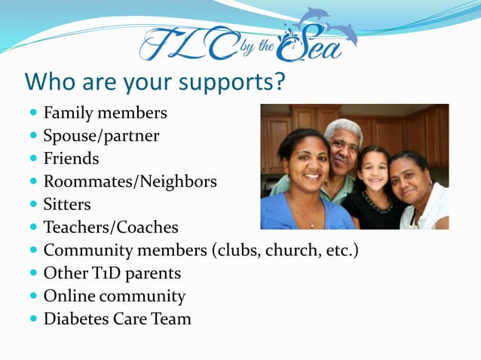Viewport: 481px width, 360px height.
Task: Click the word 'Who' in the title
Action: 48,81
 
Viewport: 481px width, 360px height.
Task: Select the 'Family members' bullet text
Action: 105,114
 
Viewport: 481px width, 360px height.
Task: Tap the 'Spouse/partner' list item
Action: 101,136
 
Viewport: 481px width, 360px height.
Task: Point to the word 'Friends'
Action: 71,159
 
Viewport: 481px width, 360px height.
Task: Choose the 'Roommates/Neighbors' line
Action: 130,182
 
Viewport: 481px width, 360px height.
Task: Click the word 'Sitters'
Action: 67,204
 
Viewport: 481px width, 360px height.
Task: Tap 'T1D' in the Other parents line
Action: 96,273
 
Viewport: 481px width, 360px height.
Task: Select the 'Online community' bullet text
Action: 114,295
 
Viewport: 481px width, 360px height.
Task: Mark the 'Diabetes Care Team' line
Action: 117,319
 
